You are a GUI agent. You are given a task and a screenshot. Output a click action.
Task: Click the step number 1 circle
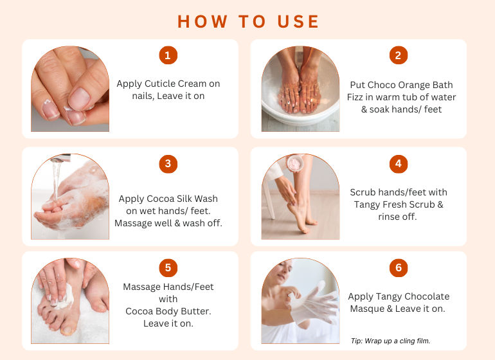coord(168,55)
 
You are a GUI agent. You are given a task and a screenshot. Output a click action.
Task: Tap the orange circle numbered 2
coord(399,55)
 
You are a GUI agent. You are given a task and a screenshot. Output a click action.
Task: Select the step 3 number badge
coord(168,164)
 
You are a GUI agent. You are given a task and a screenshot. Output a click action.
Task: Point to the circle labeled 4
coord(399,164)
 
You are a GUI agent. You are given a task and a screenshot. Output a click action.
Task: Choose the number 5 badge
coord(168,268)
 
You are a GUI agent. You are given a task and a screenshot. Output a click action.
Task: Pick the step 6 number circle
coord(399,268)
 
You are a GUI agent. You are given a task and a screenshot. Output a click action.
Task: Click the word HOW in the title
coord(203,22)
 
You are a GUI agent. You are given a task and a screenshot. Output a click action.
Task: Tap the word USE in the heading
coord(298,22)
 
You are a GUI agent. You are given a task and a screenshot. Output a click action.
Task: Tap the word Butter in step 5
coord(196,311)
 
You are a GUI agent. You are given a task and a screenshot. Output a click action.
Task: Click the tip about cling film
coord(390,341)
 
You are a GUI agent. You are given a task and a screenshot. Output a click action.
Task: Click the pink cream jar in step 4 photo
coord(295,163)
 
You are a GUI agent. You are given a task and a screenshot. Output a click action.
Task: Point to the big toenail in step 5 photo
coord(67,330)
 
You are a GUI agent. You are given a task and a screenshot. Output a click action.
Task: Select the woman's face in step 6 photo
coord(282,272)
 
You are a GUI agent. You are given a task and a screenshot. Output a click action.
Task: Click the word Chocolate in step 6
coord(427,296)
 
